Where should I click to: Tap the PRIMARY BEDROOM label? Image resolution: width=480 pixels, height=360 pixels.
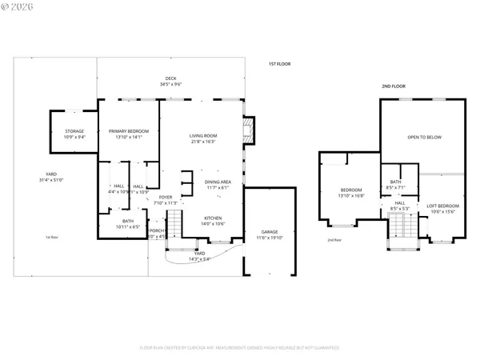(x=128, y=132)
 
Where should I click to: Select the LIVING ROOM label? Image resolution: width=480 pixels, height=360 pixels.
(x=203, y=136)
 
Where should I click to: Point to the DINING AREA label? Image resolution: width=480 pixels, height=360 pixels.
(x=218, y=182)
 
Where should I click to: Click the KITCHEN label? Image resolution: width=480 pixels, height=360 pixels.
(x=212, y=218)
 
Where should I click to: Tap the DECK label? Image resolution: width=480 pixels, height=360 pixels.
(x=171, y=78)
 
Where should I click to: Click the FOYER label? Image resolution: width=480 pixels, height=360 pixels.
(x=165, y=197)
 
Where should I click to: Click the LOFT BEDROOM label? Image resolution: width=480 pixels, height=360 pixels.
(x=442, y=206)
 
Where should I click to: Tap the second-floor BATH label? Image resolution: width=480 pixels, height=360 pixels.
(x=394, y=182)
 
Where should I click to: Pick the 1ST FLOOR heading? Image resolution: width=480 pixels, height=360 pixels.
(x=279, y=62)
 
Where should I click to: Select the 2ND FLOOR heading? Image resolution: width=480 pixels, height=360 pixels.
(x=393, y=85)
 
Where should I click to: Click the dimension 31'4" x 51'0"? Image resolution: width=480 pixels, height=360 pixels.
(x=51, y=179)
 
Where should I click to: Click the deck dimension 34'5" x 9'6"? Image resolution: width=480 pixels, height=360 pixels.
(x=171, y=84)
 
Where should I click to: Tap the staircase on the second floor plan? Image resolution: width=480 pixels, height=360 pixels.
(x=399, y=232)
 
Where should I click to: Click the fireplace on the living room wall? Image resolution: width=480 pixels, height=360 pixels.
(x=248, y=130)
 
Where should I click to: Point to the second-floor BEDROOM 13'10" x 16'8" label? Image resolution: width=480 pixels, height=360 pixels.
(x=351, y=190)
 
